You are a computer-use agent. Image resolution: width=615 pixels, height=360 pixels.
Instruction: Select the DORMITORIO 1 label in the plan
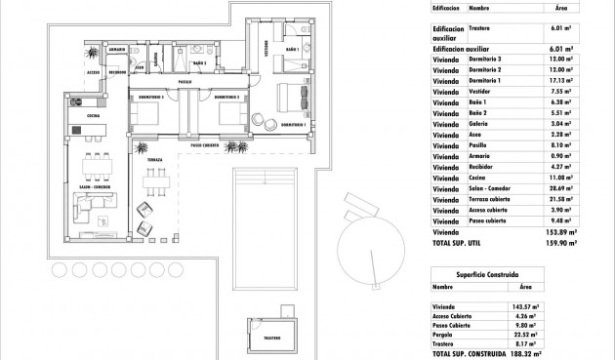(x=294, y=126)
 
